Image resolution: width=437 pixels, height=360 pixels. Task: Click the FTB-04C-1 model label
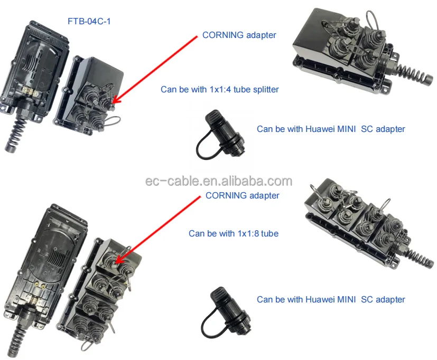(x=89, y=22)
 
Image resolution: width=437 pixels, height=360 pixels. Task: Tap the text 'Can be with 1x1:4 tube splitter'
(x=219, y=89)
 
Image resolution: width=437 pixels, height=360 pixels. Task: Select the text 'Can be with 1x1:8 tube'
(x=234, y=233)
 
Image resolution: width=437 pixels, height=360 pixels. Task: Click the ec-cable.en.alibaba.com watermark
(x=218, y=182)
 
